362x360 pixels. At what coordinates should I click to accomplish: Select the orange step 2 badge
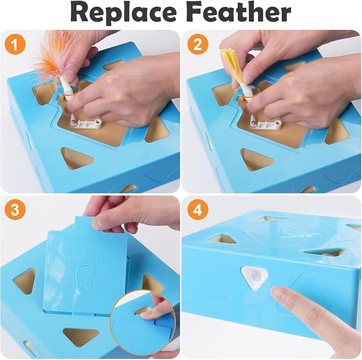click(x=198, y=45)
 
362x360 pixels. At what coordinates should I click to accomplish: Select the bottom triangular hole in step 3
click(x=81, y=336)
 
